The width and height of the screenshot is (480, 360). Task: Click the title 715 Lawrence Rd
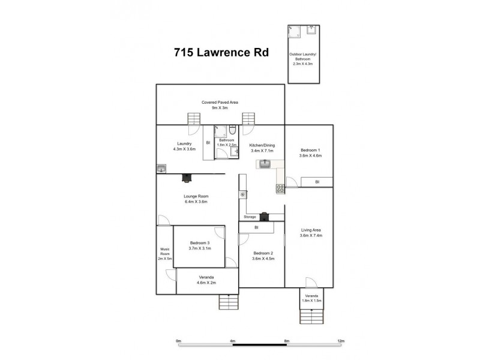coord(221,52)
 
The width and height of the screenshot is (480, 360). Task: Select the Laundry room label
coord(184,143)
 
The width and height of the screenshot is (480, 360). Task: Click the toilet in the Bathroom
coord(233,129)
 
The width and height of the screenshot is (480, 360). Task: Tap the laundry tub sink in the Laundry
coord(161,169)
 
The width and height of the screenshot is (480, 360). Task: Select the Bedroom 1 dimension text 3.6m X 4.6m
coord(310,155)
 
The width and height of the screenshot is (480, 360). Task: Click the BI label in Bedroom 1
coord(317,181)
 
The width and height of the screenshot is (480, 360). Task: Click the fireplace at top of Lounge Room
coord(187,177)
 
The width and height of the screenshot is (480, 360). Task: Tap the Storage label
coord(250,217)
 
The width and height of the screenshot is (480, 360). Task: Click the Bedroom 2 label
coord(263,253)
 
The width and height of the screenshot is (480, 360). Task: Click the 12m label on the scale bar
coord(340,341)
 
